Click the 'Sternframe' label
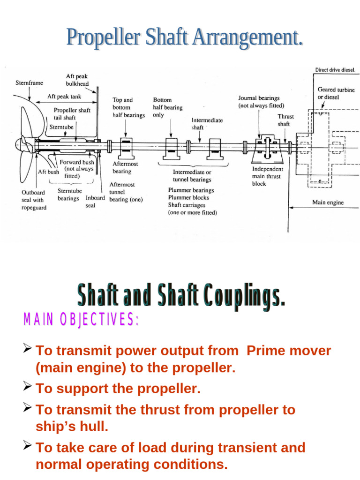coord(29,83)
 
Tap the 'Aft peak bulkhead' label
coord(77,80)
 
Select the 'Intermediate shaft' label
coord(207,124)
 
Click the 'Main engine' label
coord(328,202)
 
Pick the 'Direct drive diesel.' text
coord(335,70)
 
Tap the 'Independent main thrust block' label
coord(268,176)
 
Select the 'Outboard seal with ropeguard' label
coord(34,200)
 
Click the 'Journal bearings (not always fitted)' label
coord(259,102)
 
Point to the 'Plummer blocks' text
coord(188,197)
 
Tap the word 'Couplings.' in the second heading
coord(235,298)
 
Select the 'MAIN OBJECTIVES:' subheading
coord(81,320)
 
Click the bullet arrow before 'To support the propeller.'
coord(27,387)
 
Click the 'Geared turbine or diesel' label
coord(336,93)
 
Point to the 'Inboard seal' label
coord(95,201)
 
